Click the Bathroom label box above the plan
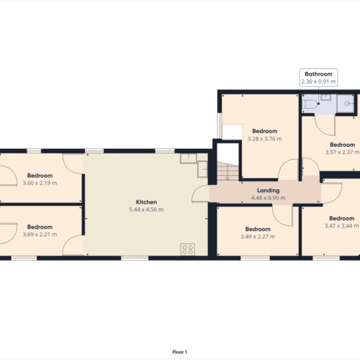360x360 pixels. (x=318, y=78)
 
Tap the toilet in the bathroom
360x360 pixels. (x=308, y=105)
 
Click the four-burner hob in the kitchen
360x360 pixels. (x=188, y=250)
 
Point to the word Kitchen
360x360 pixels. (x=146, y=202)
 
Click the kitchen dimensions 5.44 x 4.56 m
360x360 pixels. (x=146, y=210)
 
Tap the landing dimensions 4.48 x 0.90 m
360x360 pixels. (x=266, y=199)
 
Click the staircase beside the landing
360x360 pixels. (x=225, y=171)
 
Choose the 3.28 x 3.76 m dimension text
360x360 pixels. (x=264, y=139)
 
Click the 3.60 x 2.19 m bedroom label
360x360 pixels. (x=40, y=183)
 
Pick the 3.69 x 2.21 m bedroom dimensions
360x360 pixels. (x=40, y=234)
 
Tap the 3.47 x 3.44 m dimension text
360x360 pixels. (x=342, y=225)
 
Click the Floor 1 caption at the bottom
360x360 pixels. (x=180, y=351)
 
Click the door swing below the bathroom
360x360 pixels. (x=326, y=124)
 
